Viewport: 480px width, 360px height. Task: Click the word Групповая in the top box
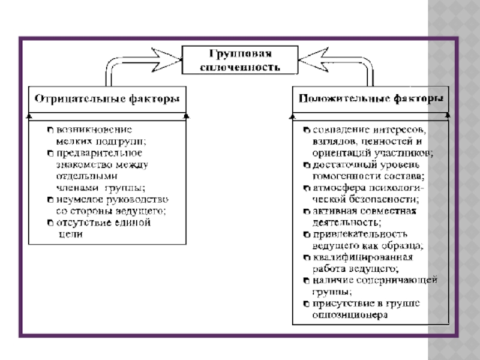point(239,54)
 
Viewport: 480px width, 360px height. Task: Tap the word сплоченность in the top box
point(239,67)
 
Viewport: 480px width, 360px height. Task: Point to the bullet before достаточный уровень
point(307,164)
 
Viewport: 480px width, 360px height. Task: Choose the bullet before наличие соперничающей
point(307,281)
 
